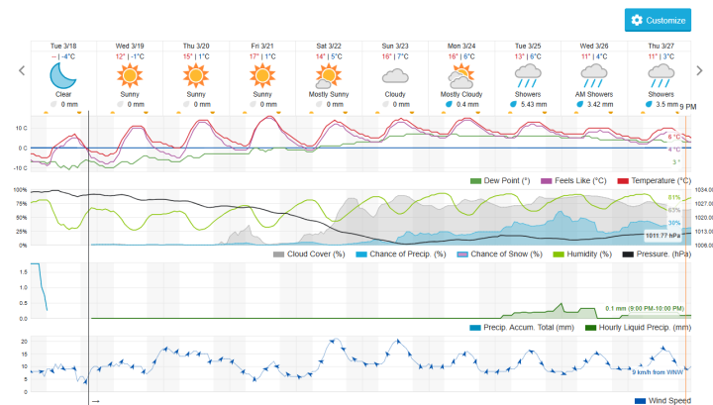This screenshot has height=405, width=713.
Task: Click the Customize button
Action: point(658,20)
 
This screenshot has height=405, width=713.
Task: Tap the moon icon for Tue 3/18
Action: point(62,76)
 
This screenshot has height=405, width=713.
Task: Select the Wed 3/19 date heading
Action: point(129,46)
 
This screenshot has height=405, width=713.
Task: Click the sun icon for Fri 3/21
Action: point(261,76)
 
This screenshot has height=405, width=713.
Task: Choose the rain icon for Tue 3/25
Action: point(527,77)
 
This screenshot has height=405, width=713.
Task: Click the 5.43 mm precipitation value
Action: point(533,103)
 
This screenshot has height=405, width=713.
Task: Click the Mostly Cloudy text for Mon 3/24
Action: point(461,94)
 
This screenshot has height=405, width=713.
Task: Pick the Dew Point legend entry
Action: point(506,181)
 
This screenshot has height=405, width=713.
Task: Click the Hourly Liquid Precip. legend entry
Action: point(638,327)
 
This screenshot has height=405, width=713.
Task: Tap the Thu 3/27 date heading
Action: point(661,46)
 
